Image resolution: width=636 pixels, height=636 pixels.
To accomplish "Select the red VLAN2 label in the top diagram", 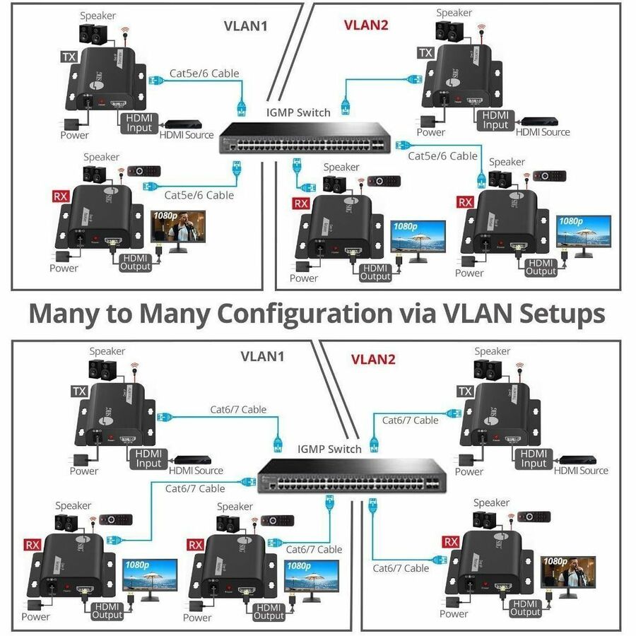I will click(365, 25).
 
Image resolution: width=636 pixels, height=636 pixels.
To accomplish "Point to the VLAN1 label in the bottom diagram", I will click(262, 356).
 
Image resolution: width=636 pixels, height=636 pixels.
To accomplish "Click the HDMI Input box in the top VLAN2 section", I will click(495, 120).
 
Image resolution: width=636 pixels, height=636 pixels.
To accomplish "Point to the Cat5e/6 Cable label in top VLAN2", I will click(442, 155).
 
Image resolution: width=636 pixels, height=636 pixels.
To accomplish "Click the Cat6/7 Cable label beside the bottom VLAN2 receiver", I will click(401, 567).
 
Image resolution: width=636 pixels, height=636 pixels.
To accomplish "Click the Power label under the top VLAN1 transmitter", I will click(74, 135).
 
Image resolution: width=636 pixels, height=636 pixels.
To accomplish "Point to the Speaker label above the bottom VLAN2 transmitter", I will click(492, 351).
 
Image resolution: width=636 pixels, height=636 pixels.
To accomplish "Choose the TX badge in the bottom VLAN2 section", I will click(465, 391).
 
